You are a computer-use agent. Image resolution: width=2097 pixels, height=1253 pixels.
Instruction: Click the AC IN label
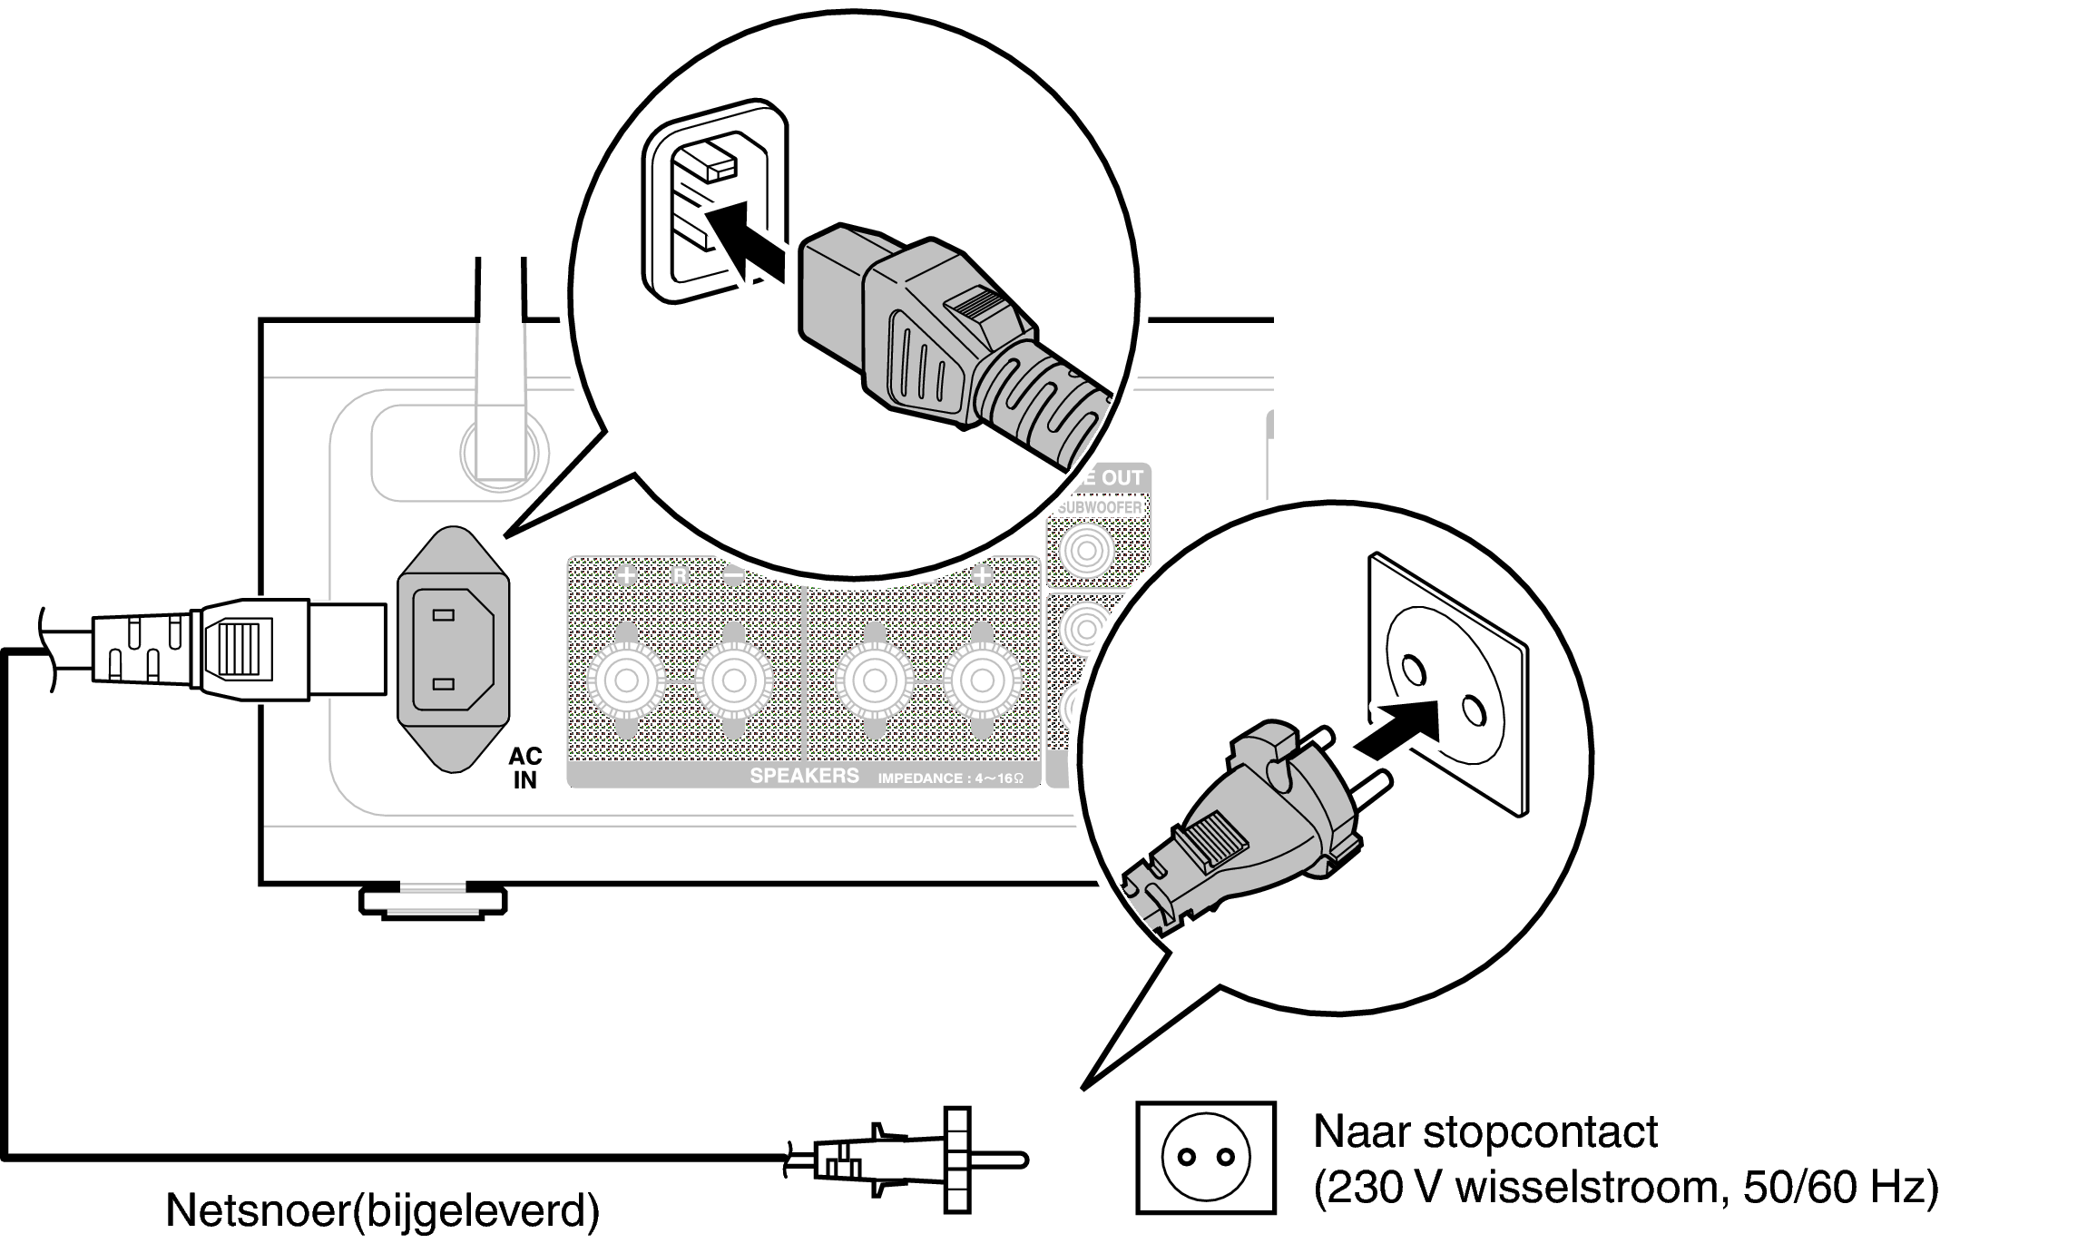point(525,768)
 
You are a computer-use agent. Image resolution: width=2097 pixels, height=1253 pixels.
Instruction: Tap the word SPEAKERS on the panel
point(804,776)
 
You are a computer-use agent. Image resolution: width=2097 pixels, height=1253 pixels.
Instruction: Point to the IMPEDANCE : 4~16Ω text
point(950,778)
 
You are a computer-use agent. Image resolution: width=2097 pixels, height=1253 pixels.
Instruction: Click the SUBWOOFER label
point(1100,507)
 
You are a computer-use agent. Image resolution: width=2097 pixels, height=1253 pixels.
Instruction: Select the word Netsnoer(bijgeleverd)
point(382,1210)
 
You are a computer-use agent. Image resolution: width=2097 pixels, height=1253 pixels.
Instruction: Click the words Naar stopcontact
point(1485,1131)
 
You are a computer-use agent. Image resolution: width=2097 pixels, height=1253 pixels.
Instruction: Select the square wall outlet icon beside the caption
point(1206,1158)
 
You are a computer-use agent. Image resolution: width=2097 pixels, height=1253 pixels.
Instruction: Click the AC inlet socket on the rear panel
point(453,649)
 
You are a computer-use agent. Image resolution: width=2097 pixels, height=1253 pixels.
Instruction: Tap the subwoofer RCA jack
point(1086,550)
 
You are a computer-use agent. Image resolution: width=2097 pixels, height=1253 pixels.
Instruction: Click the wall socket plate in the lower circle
point(1447,685)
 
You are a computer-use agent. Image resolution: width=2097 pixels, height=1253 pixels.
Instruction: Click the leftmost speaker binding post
point(626,680)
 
